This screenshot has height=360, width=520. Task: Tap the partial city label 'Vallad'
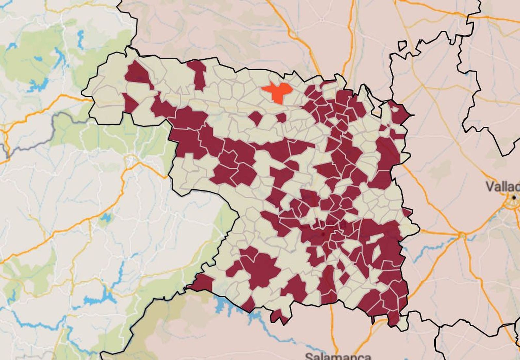[502, 186]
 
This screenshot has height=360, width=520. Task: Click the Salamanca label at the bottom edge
[338, 356]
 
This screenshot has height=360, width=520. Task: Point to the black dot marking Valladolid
[514, 197]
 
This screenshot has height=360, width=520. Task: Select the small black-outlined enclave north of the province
[402, 45]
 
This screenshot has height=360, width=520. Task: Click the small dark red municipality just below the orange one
[281, 118]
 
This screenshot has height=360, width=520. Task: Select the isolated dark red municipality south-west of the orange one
[256, 118]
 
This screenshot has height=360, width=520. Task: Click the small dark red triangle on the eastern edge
[407, 212]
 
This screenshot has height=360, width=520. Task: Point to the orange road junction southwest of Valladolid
[462, 235]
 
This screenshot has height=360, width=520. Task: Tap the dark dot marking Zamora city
[323, 234]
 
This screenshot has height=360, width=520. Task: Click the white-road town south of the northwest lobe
[131, 160]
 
